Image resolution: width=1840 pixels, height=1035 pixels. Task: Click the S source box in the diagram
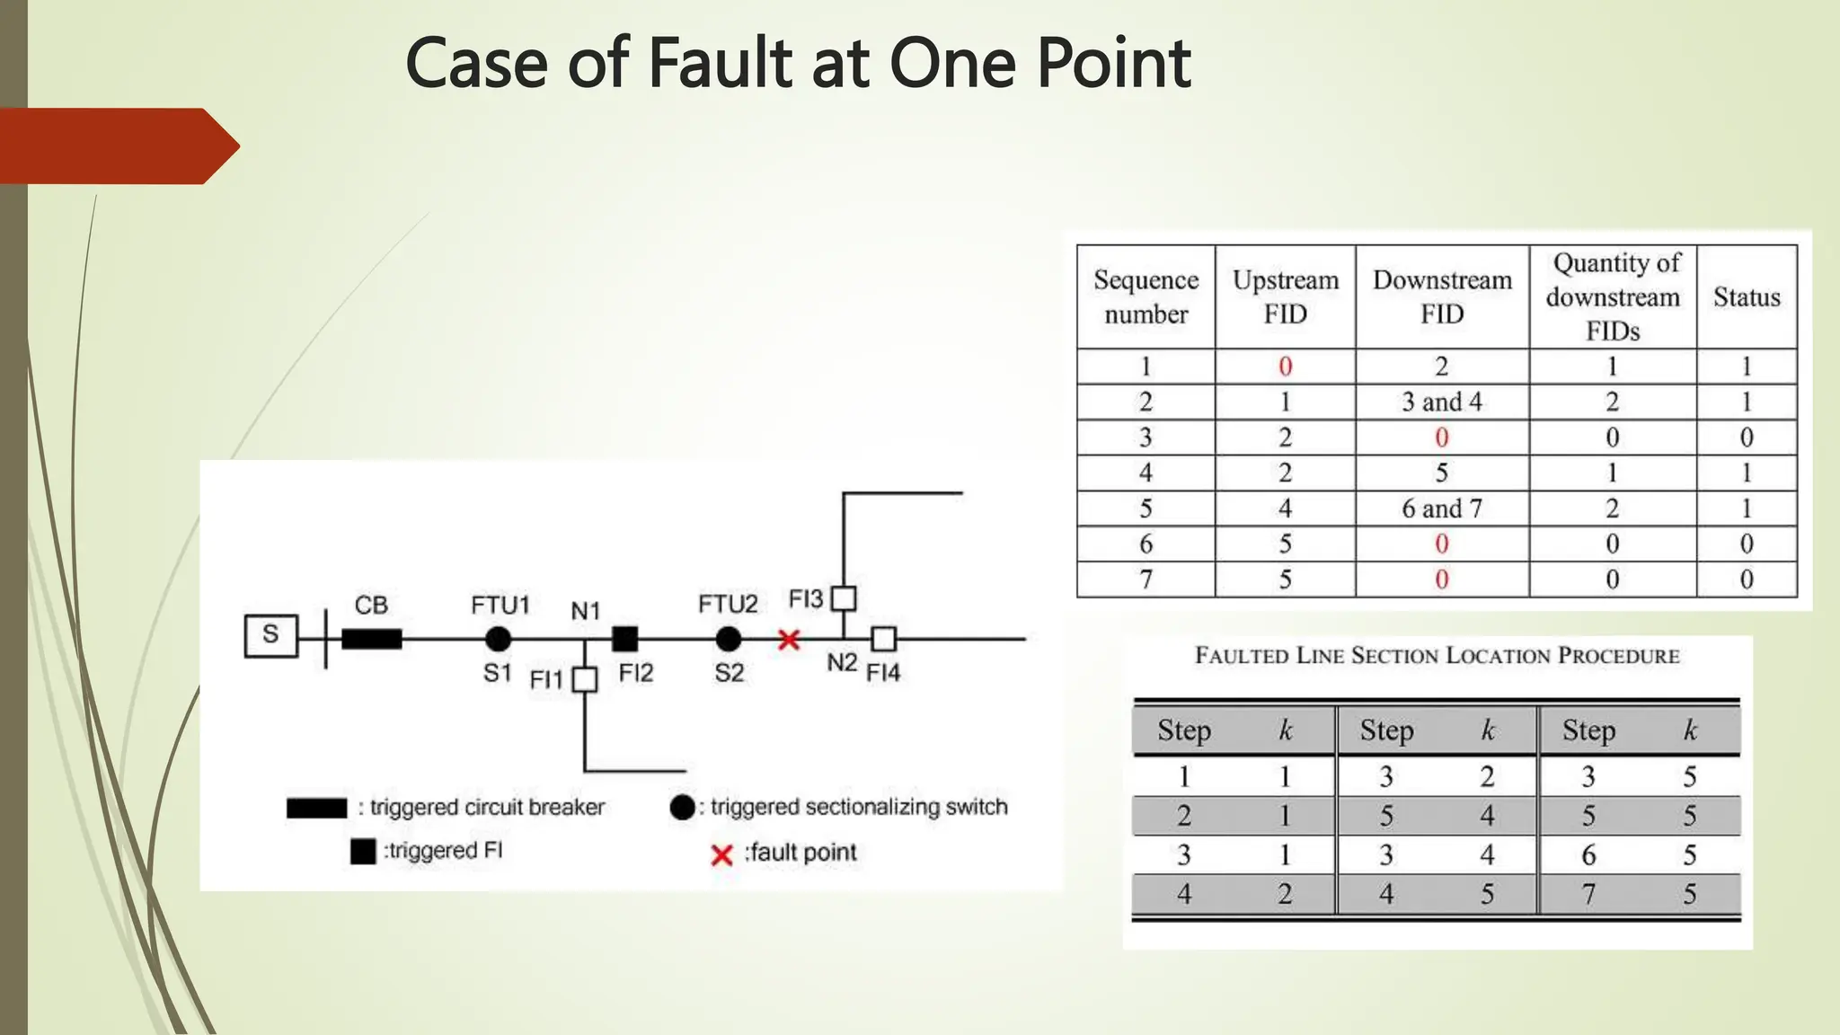(270, 636)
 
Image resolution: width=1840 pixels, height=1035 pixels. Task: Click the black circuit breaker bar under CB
(371, 639)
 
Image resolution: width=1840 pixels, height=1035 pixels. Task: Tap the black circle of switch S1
(498, 639)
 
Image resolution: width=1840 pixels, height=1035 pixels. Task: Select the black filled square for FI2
(624, 639)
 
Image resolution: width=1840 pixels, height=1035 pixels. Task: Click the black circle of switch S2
(729, 639)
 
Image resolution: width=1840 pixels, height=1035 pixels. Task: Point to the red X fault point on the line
(789, 640)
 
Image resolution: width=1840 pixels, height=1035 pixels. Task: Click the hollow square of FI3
(844, 598)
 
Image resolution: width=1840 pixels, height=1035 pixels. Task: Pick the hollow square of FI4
(884, 639)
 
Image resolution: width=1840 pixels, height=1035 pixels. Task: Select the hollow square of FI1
(585, 679)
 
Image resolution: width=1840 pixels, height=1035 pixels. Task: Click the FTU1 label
(500, 606)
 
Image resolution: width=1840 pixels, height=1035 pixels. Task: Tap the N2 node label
(842, 663)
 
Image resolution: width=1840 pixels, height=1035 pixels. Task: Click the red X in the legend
(721, 854)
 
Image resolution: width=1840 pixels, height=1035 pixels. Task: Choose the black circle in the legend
(683, 807)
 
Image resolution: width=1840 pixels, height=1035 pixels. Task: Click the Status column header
(1747, 296)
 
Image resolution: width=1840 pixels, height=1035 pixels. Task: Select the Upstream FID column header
(1286, 296)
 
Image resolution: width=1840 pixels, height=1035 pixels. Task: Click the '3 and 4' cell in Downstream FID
(1442, 402)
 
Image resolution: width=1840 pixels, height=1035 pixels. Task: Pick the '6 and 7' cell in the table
(1442, 509)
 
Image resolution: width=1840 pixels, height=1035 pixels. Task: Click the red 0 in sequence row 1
(1286, 367)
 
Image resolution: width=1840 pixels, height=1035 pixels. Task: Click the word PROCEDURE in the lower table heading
(1618, 656)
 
